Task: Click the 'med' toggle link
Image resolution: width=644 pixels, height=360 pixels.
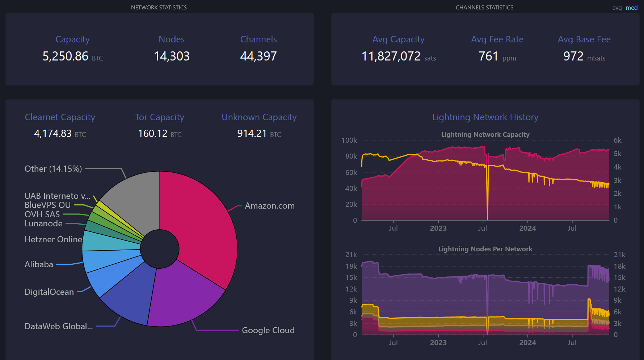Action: click(632, 8)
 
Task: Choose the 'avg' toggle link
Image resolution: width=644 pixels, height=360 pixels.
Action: click(617, 8)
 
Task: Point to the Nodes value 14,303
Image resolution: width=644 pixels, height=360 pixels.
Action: click(172, 56)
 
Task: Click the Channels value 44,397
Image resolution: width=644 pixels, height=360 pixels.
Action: click(258, 56)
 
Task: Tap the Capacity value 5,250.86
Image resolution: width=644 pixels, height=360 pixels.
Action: click(66, 56)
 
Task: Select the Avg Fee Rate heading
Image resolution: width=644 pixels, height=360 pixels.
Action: click(497, 39)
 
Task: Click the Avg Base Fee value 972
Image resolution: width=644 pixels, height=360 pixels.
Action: click(573, 56)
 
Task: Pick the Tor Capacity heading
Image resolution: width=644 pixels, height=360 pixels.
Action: click(160, 117)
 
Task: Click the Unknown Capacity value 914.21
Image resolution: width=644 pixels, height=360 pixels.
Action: click(252, 134)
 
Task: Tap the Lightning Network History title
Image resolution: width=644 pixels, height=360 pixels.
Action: click(485, 117)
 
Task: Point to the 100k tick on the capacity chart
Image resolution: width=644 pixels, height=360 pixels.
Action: click(349, 140)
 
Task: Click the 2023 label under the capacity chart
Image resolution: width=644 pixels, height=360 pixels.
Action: click(438, 228)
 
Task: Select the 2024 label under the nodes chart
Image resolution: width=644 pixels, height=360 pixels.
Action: click(528, 343)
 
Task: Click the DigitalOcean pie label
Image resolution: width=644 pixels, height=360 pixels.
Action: click(49, 292)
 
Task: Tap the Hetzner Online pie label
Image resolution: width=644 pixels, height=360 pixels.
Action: click(53, 239)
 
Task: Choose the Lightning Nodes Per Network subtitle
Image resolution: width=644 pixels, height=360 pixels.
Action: click(485, 249)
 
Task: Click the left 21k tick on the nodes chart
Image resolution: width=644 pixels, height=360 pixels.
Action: click(351, 255)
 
